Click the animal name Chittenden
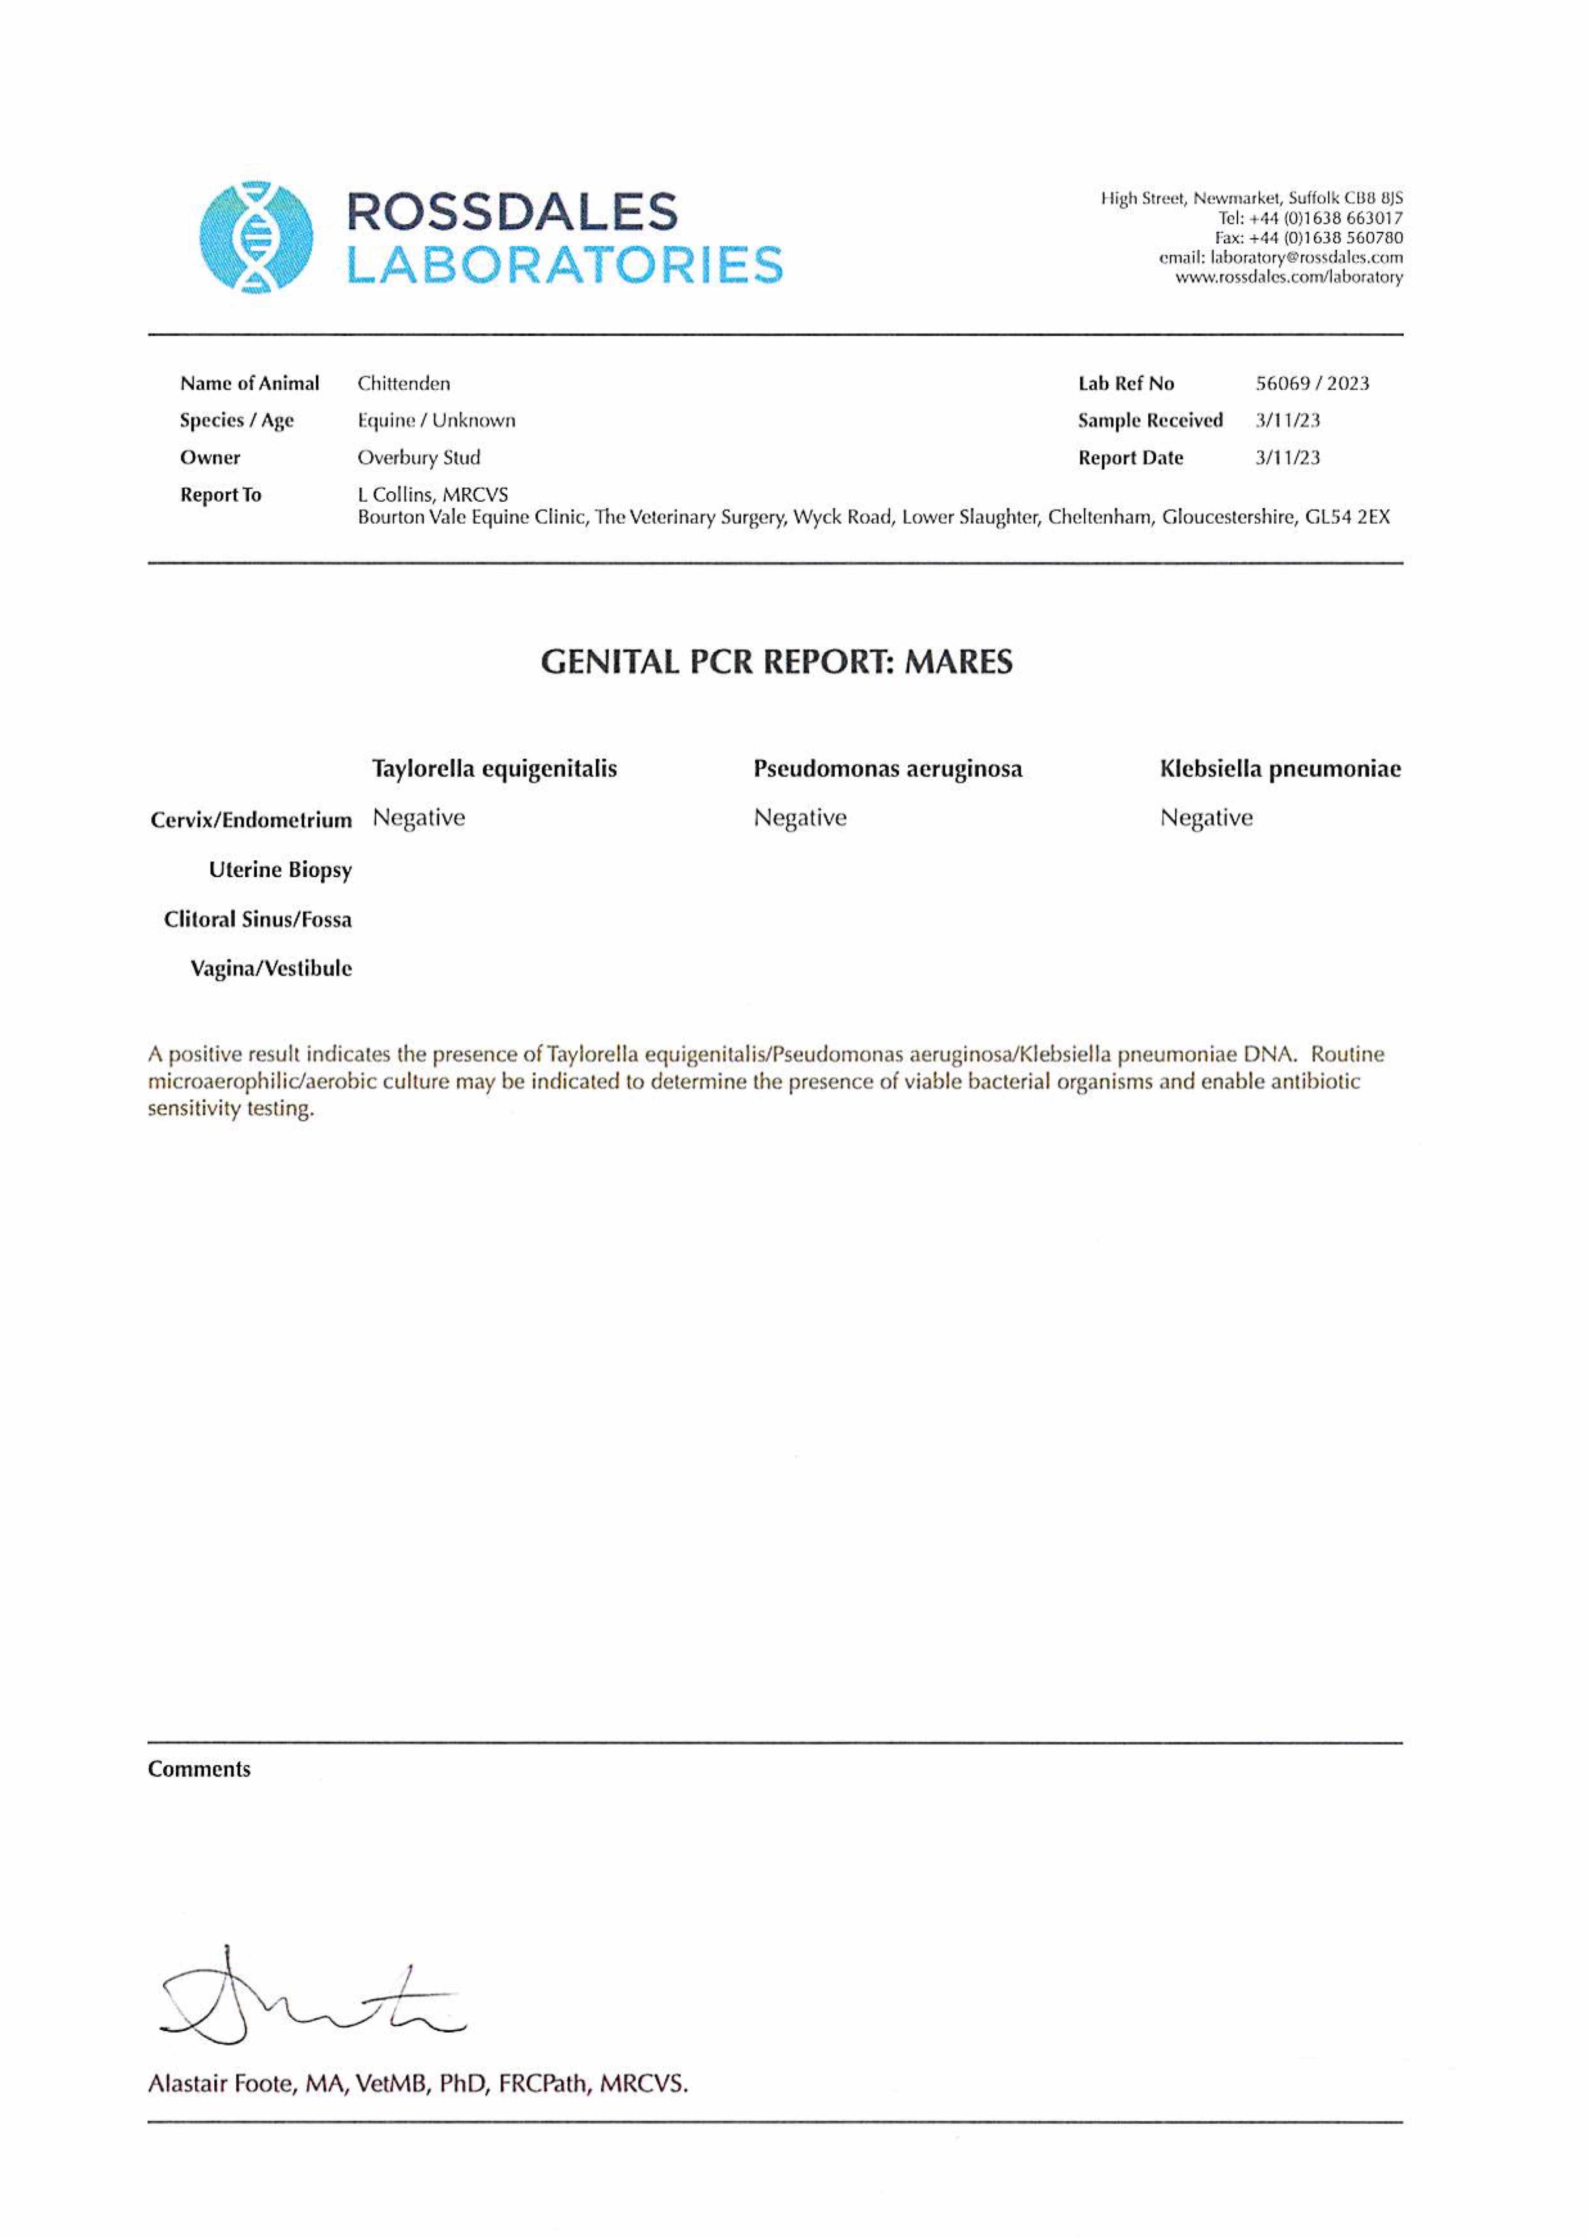tap(404, 384)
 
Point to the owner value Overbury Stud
tap(419, 458)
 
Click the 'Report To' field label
tap(221, 495)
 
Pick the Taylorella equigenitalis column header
tap(495, 769)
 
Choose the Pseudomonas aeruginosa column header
tap(888, 769)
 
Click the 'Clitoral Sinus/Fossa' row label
tap(258, 919)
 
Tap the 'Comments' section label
tap(200, 1769)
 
